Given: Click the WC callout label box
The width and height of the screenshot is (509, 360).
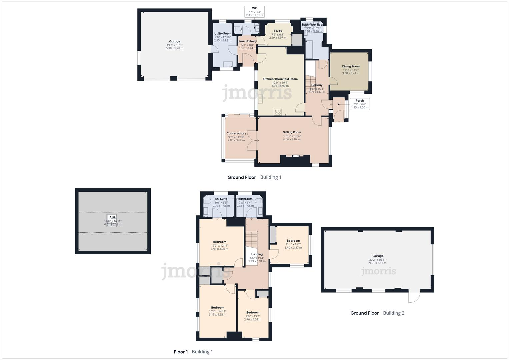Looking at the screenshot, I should (x=254, y=12).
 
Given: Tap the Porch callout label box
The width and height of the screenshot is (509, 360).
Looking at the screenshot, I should (x=360, y=104).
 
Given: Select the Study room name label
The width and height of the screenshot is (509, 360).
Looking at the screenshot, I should (x=278, y=31).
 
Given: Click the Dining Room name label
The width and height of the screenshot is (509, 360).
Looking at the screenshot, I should (x=351, y=66).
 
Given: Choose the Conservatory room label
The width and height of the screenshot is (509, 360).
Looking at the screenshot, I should (x=236, y=133).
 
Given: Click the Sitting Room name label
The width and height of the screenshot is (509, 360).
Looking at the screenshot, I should (x=292, y=132).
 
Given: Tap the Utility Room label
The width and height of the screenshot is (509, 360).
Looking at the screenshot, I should (x=223, y=34).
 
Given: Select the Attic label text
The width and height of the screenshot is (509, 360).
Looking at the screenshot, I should (x=113, y=217).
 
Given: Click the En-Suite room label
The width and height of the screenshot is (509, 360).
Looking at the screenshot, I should (x=221, y=199).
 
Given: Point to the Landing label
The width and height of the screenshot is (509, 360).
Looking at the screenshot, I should (x=257, y=254).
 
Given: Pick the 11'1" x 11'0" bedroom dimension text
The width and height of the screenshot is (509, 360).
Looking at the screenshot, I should (x=293, y=244).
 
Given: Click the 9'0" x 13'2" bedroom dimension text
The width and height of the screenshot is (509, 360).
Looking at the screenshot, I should (x=253, y=316).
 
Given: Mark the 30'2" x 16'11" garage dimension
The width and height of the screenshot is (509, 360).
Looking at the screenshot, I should (x=378, y=260).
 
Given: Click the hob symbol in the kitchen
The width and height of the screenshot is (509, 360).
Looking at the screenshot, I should (x=278, y=112).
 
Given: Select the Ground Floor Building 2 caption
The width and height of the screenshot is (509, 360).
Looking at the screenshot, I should (x=377, y=313).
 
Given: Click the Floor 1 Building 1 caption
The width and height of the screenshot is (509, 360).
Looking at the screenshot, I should (x=193, y=352).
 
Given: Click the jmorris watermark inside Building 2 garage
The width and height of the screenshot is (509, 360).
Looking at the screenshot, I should (x=379, y=271).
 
